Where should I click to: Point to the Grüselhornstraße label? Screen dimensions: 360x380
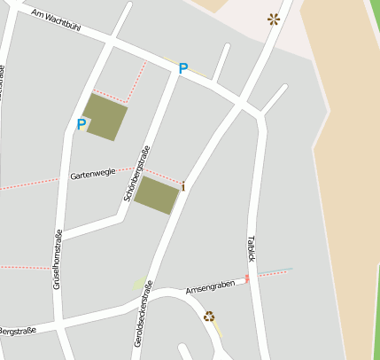pos(58,255)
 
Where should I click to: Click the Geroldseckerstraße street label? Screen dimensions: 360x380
pos(143,312)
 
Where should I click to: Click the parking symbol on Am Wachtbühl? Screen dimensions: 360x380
pos(183,68)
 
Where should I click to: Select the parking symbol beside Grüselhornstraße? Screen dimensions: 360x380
pos(81,125)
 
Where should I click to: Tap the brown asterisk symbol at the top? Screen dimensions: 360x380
pos(274,19)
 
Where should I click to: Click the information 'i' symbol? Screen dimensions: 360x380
pos(183,186)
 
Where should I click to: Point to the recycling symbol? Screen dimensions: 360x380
pos(209,316)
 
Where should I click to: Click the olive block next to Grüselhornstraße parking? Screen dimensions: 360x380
pos(105,117)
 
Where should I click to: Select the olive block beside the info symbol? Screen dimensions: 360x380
pos(156,195)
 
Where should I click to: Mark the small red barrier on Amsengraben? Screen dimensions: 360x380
pos(247,278)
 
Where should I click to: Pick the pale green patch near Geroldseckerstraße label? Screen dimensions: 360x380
pos(138,284)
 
